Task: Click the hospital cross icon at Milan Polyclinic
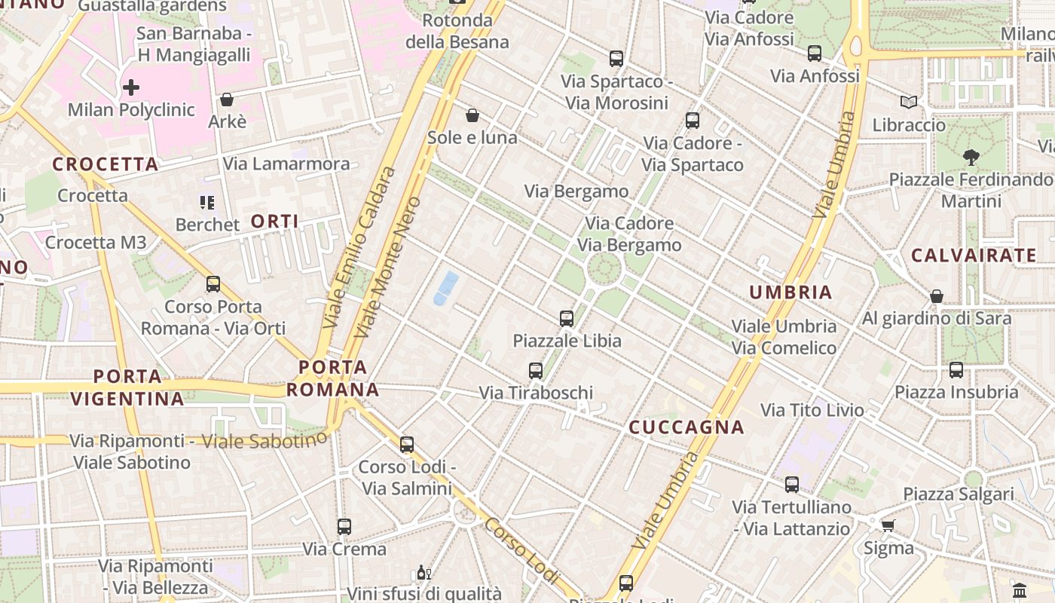click(131, 87)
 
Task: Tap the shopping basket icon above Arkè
click(226, 99)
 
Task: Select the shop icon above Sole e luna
click(472, 115)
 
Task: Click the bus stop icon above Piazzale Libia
click(567, 318)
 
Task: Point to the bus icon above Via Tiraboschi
click(536, 370)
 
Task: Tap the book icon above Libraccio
click(909, 102)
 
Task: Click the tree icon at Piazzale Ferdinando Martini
click(971, 158)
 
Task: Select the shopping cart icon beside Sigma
click(888, 525)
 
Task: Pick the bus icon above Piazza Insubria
click(956, 369)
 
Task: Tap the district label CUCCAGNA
click(687, 427)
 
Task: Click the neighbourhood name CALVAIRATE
click(974, 256)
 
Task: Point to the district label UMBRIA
click(790, 292)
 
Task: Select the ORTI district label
click(274, 221)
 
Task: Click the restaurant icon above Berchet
click(206, 202)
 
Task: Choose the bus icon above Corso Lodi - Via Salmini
click(407, 444)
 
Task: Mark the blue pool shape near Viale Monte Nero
click(446, 289)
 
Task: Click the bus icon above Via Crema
click(344, 526)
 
